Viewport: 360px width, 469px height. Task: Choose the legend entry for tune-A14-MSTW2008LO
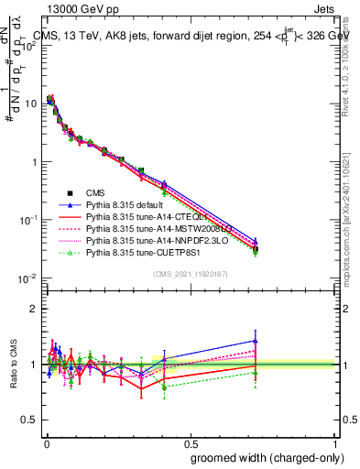[157, 229]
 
